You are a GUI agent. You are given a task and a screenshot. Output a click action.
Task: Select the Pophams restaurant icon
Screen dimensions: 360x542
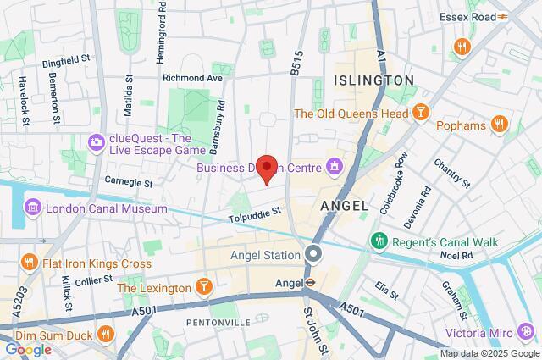tap(500, 125)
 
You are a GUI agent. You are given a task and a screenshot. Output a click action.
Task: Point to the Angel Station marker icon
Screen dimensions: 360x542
tap(315, 254)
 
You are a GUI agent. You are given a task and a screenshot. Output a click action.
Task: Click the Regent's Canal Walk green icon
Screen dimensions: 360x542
tap(377, 243)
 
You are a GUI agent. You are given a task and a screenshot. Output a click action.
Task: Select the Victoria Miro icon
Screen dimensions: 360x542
tap(527, 330)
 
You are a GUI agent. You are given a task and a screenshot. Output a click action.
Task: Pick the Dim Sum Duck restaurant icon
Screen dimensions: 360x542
tap(106, 331)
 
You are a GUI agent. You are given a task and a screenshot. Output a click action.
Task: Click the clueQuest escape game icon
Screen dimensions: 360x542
tap(95, 143)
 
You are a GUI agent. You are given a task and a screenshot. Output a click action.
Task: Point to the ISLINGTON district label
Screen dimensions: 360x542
tap(373, 80)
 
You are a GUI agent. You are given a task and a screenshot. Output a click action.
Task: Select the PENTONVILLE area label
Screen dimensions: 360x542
tap(217, 322)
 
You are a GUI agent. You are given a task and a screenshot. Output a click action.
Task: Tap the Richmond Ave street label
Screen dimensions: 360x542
tap(192, 77)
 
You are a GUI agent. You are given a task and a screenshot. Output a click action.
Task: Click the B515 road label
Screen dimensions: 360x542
tap(296, 62)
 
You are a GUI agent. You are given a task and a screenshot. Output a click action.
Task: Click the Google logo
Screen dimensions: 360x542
tap(28, 349)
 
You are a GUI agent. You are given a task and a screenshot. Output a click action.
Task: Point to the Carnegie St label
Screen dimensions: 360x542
tap(128, 181)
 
